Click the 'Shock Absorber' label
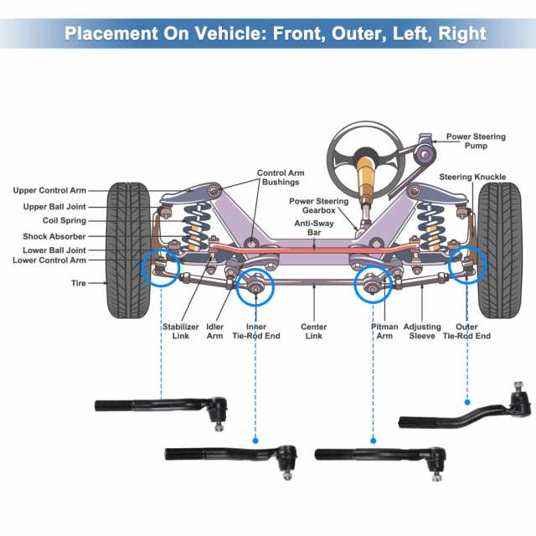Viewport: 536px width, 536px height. click(49, 236)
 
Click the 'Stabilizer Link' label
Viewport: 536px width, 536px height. click(181, 331)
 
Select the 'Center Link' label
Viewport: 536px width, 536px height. click(313, 331)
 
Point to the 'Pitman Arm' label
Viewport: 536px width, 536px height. click(384, 331)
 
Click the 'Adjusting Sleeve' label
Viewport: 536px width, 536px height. click(422, 331)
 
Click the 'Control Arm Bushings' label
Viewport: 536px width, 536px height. click(280, 178)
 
